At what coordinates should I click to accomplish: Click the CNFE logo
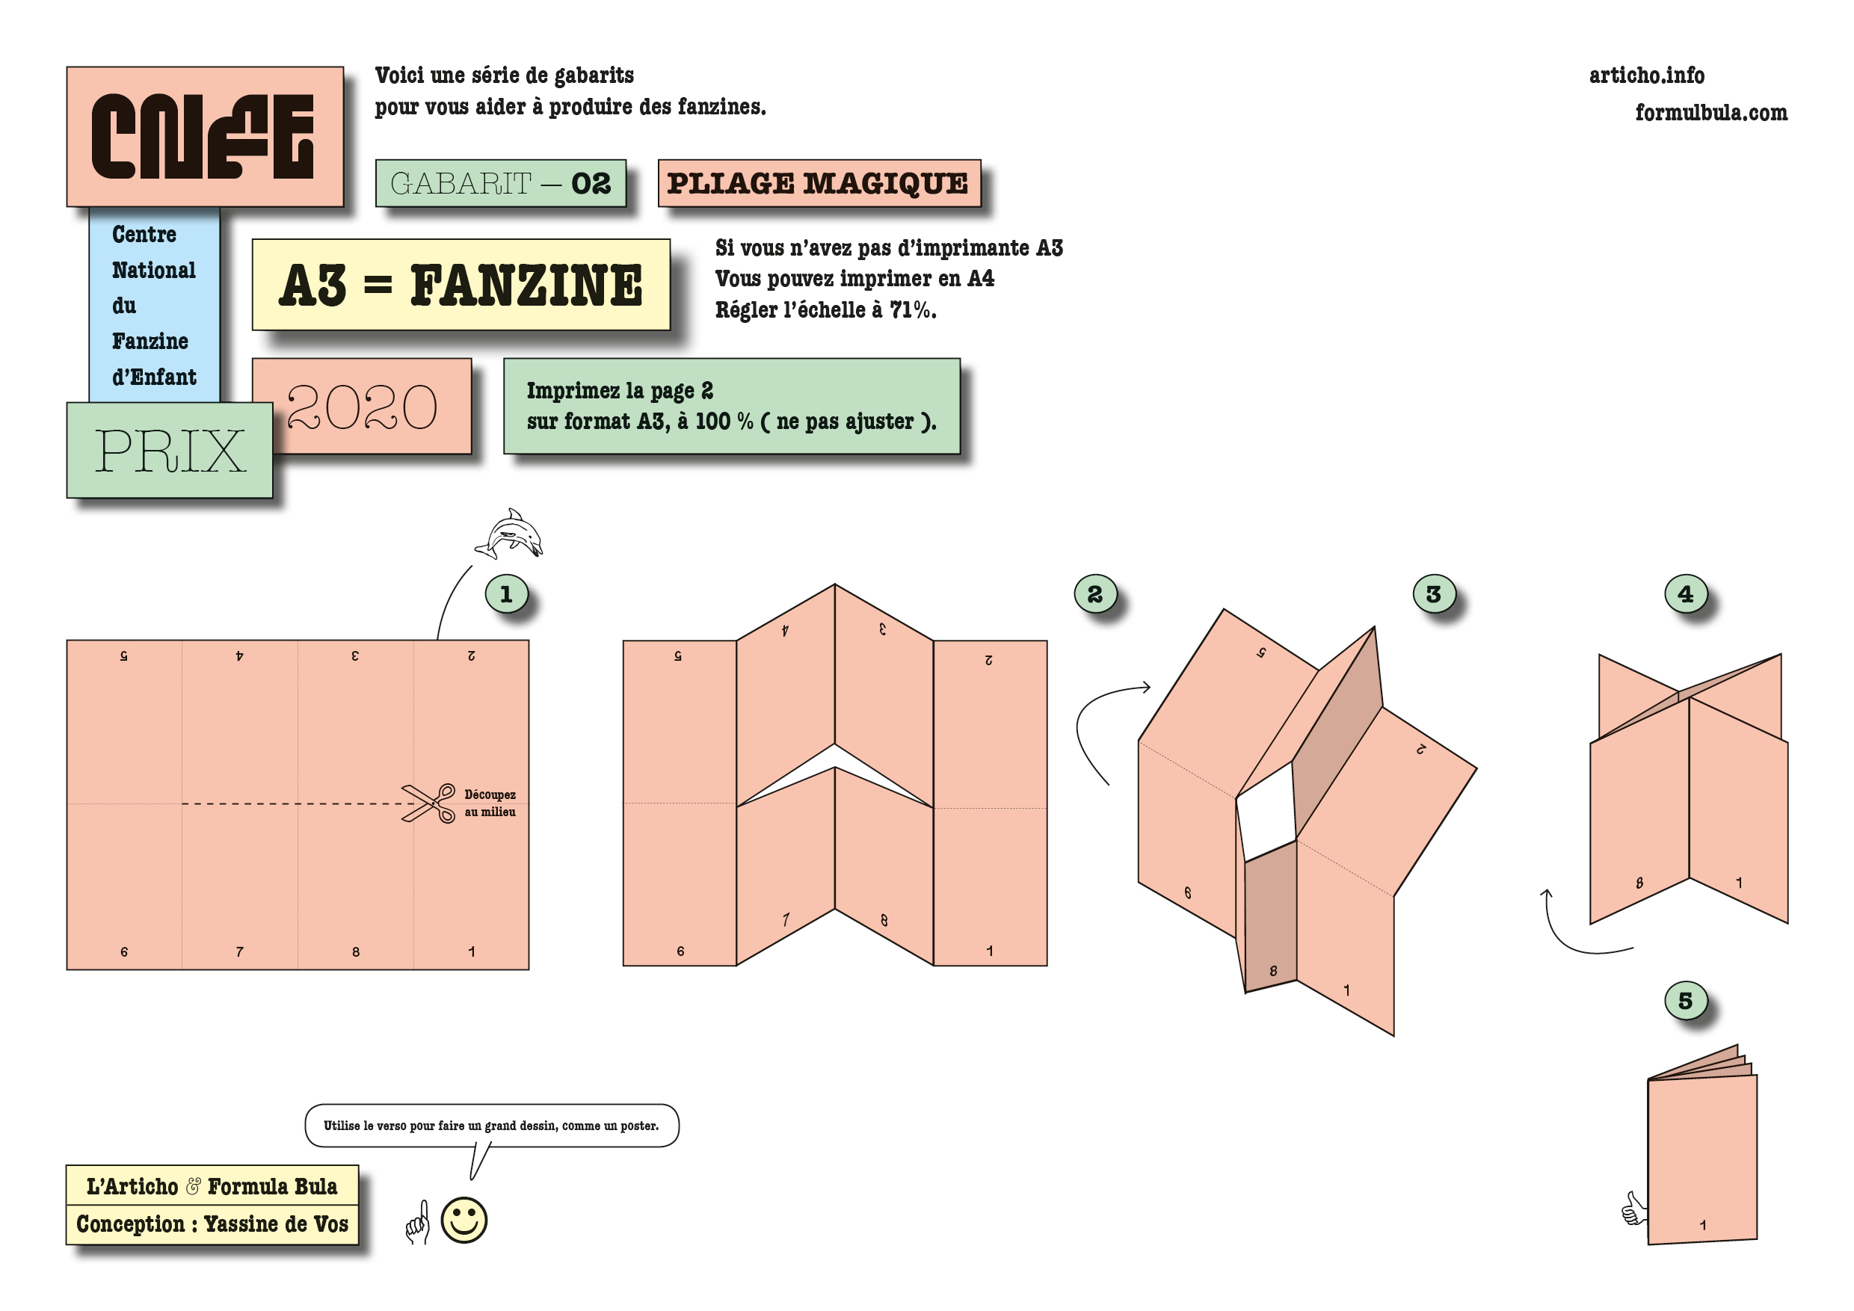[x=203, y=137]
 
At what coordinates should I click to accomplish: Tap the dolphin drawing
[x=508, y=534]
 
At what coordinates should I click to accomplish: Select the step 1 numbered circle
[x=506, y=594]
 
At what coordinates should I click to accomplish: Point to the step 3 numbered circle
[x=1433, y=594]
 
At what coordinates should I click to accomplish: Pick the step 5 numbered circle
[x=1685, y=1000]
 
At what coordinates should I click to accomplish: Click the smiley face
[x=464, y=1219]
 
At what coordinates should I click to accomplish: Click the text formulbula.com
[x=1711, y=112]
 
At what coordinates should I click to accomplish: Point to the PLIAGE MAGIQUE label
[x=819, y=183]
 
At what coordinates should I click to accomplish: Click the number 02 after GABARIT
[x=591, y=183]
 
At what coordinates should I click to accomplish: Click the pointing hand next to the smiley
[x=417, y=1221]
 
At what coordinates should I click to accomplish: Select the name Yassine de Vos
[x=276, y=1224]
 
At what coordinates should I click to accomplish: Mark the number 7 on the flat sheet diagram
[x=239, y=951]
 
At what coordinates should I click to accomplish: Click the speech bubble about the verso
[x=492, y=1126]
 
